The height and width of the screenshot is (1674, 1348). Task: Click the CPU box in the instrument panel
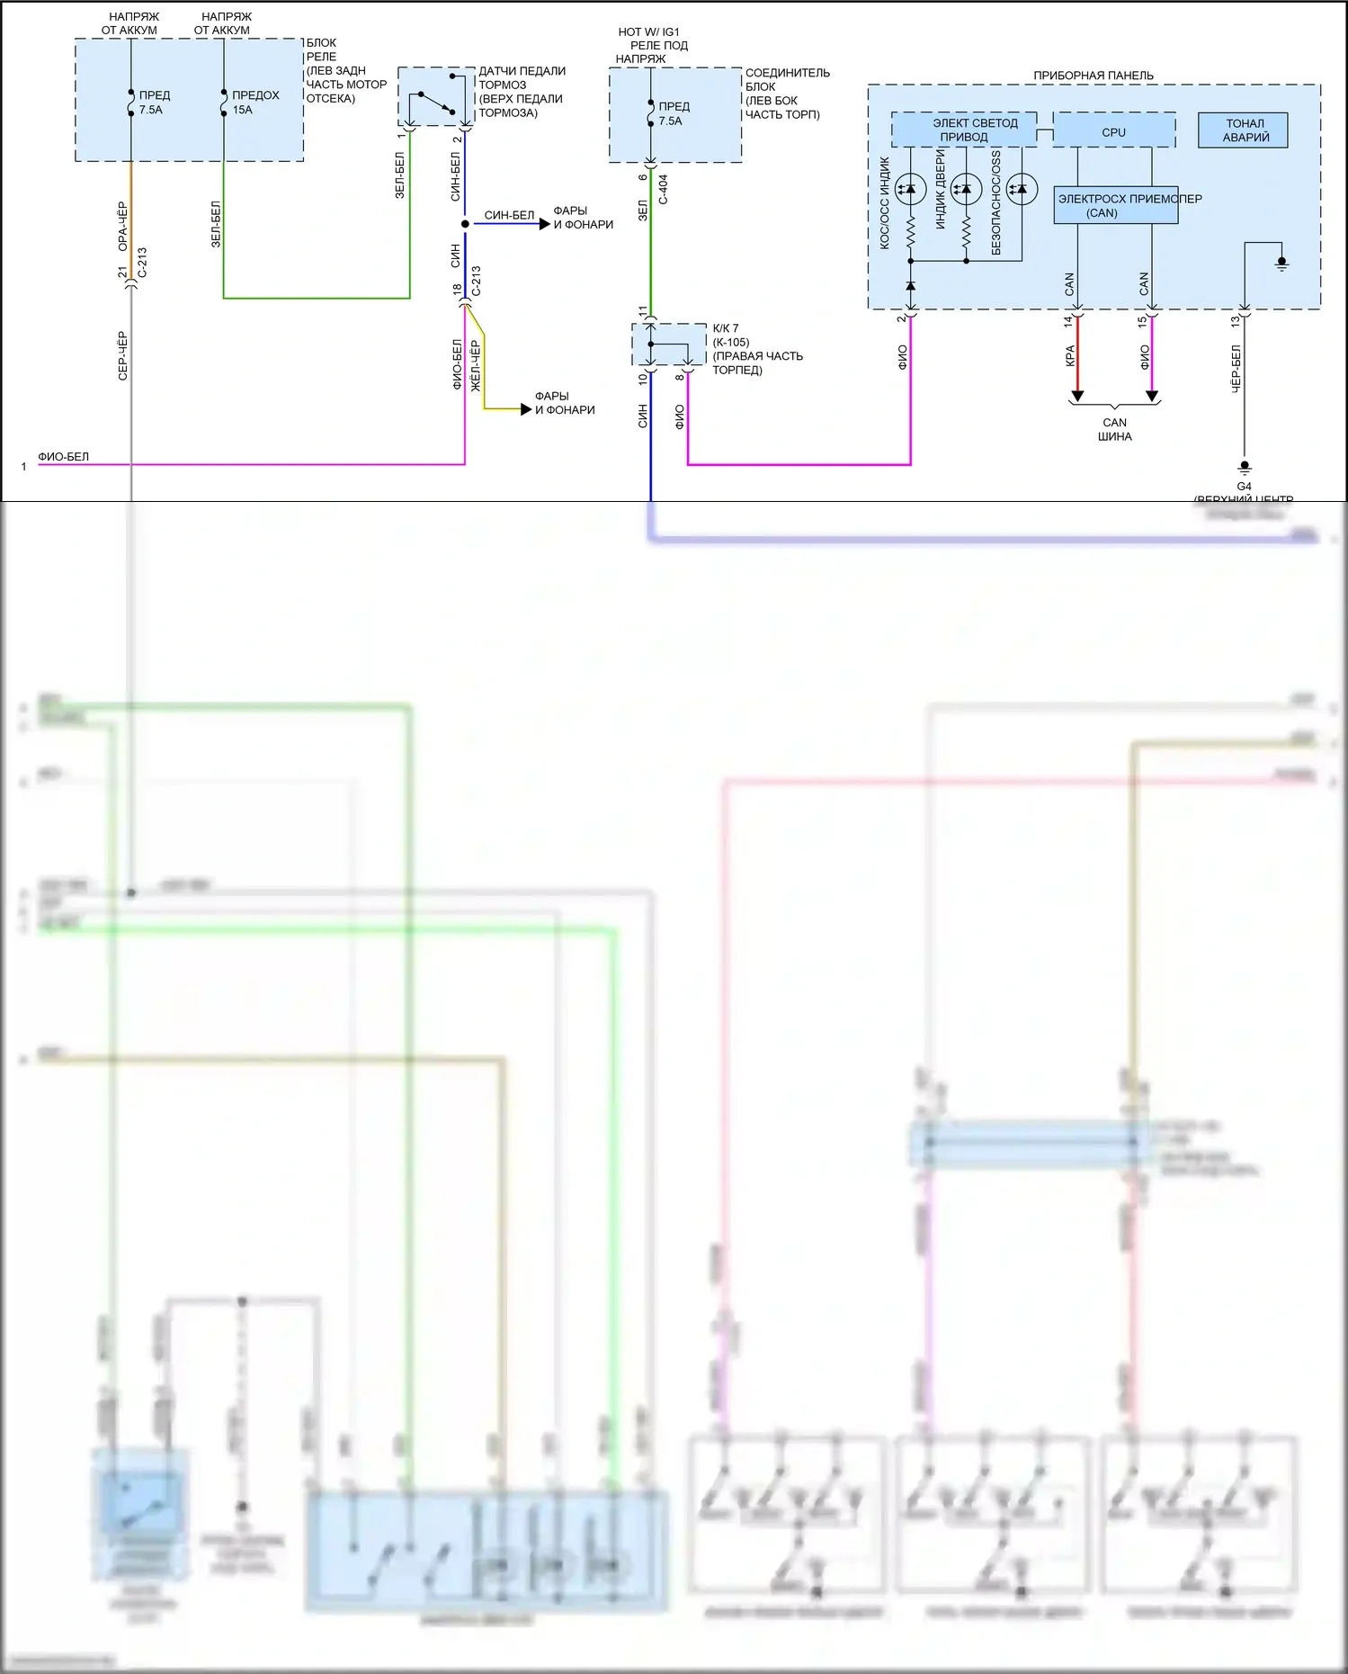pos(1113,131)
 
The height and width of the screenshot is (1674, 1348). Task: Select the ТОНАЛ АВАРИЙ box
pos(1244,130)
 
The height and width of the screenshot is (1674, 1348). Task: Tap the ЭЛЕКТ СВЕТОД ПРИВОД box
pos(964,130)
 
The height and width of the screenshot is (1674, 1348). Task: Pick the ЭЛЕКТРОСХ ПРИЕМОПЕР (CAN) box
pos(1115,206)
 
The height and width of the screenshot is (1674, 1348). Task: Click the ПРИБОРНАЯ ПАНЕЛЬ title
pos(1093,76)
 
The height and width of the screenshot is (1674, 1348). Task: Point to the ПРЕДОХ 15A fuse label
pos(254,102)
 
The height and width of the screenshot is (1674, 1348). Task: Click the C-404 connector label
pos(663,189)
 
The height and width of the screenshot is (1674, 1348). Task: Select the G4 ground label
pos(1244,486)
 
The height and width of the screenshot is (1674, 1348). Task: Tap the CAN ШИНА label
pos(1114,429)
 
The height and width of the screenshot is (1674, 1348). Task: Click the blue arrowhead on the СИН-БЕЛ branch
pos(544,224)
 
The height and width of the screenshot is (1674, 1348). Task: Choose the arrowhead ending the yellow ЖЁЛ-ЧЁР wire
pos(526,409)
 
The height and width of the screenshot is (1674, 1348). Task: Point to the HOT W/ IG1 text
pos(648,31)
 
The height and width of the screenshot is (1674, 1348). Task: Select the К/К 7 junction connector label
pos(725,328)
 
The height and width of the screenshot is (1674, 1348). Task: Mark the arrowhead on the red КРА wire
pos(1077,396)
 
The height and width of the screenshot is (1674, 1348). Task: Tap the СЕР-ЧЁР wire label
pos(122,355)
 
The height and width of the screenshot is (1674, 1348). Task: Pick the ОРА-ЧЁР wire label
pos(122,226)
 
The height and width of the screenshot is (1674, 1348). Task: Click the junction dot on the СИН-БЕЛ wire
pos(465,224)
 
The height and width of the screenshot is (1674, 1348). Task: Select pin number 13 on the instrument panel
pos(1236,319)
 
